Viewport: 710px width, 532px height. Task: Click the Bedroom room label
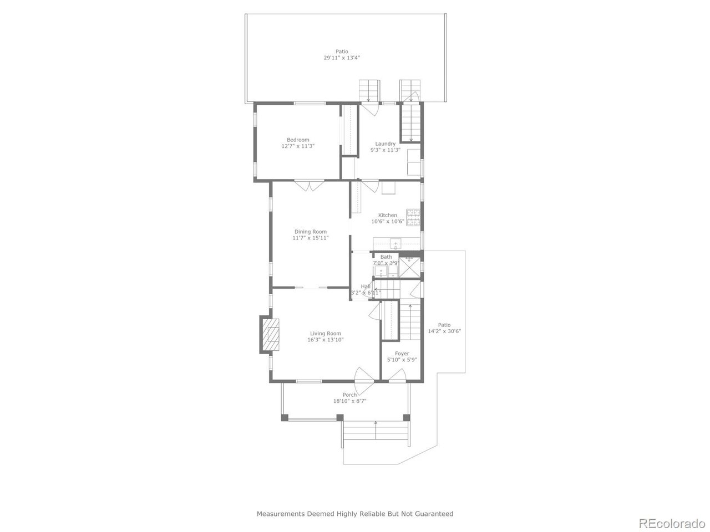[x=298, y=140]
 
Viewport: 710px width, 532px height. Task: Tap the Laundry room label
[x=385, y=144]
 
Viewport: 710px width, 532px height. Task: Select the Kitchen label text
[x=388, y=215]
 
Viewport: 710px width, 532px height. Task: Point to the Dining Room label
[x=310, y=232]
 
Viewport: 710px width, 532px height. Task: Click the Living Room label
[x=326, y=334]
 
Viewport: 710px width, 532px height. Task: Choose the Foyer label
[x=402, y=354]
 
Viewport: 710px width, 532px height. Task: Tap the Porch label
[x=349, y=395]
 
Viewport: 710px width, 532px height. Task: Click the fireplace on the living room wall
[x=270, y=335]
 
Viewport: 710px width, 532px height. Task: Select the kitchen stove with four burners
[x=413, y=217]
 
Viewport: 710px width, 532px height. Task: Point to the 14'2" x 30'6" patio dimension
[x=444, y=331]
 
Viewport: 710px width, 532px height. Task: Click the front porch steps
[x=377, y=432]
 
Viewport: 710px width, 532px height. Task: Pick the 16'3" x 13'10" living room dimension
[x=326, y=340]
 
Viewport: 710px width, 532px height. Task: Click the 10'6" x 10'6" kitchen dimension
[x=388, y=222]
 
